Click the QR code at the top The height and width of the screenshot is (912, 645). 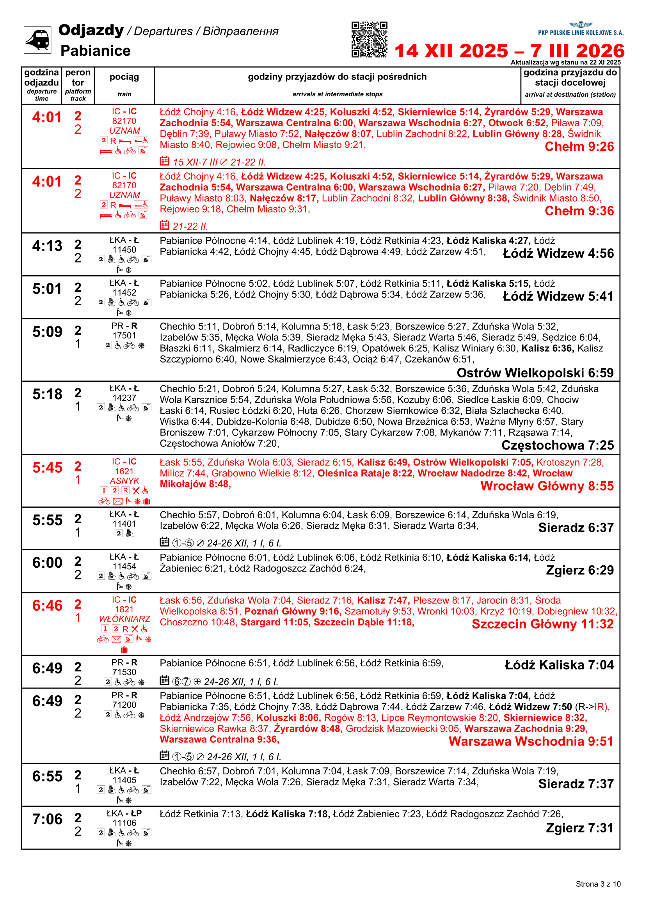(369, 39)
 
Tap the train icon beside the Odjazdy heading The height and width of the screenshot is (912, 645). (37, 40)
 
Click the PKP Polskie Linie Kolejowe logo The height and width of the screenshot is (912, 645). (580, 29)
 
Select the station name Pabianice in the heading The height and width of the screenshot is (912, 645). (95, 51)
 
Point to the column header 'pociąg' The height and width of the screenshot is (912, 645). (124, 77)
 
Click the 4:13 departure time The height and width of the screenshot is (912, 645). (47, 246)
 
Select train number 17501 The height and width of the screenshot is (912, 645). (124, 336)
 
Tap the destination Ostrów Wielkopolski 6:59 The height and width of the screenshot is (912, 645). (535, 373)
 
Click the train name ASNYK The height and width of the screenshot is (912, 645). (124, 481)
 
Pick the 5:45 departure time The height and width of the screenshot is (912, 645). (47, 468)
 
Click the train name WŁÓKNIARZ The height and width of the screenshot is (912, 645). (124, 619)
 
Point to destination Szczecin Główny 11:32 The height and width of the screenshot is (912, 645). (542, 624)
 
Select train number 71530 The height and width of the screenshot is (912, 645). (124, 672)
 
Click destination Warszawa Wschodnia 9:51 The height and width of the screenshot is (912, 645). (531, 741)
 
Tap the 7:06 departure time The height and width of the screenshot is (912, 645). (47, 819)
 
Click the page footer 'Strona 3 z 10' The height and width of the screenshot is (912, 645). (598, 884)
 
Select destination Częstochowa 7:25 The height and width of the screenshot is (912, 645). (558, 445)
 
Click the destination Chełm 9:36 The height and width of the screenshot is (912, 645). (579, 211)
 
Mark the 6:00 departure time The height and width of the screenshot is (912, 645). (47, 563)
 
